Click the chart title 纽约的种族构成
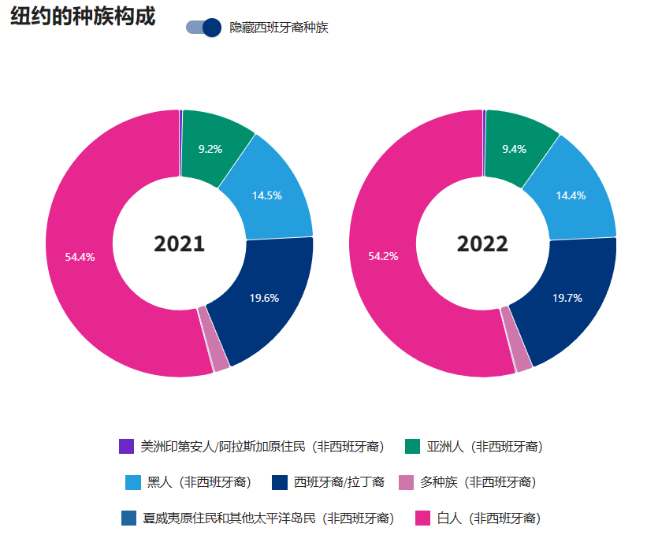point(83,17)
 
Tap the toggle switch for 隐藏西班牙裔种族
point(203,28)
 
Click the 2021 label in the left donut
point(179,244)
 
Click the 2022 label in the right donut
point(482,244)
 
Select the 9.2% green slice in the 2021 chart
point(210,148)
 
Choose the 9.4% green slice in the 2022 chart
point(514,148)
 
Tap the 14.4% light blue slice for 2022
point(571,195)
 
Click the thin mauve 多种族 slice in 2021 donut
point(213,339)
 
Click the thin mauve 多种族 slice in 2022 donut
point(516,339)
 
